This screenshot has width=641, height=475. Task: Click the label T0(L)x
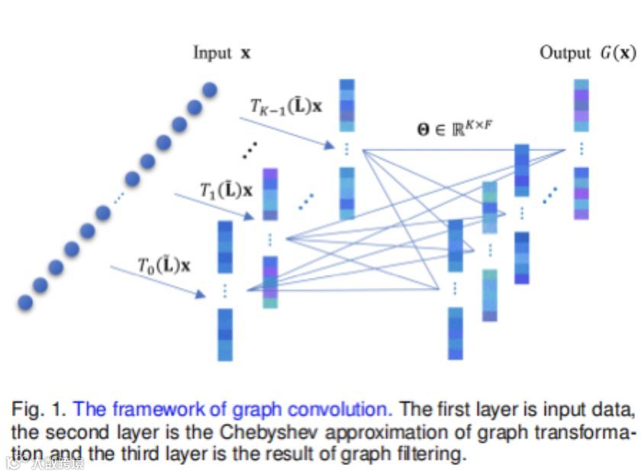[x=164, y=266]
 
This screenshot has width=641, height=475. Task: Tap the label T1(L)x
[x=226, y=190]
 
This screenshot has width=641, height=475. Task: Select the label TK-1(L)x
[x=286, y=106]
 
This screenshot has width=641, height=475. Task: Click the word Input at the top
[x=212, y=53]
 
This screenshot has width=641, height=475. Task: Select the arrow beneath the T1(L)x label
[x=214, y=206]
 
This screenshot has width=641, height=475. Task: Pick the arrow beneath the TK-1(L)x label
[x=289, y=131]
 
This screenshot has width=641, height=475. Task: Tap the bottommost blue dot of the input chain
[x=25, y=302]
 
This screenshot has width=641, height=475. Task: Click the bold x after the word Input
[x=245, y=53]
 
